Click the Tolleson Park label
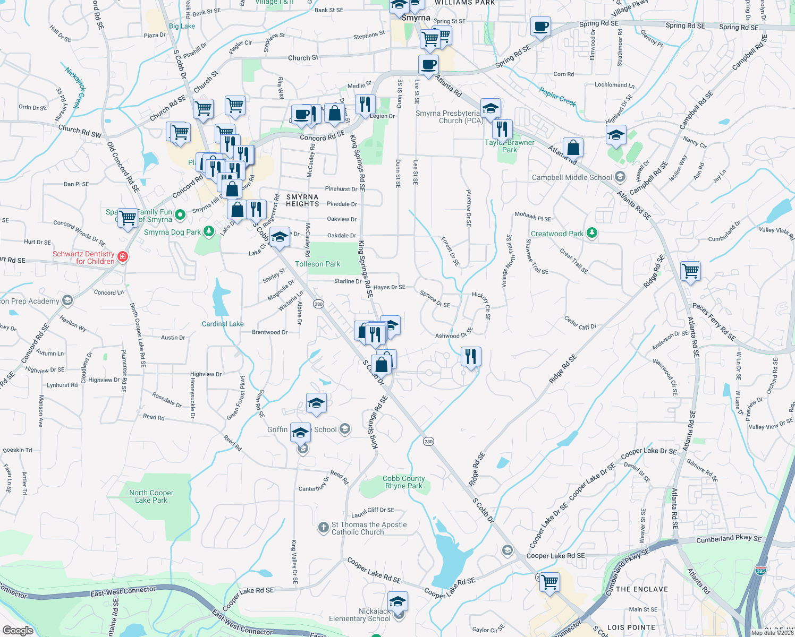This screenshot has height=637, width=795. tap(317, 264)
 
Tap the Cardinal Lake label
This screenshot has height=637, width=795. tap(223, 324)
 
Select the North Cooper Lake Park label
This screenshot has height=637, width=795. tap(151, 496)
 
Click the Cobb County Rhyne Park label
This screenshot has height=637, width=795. tap(403, 482)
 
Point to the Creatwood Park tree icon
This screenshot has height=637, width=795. tap(591, 233)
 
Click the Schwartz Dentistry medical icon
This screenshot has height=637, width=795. tap(123, 257)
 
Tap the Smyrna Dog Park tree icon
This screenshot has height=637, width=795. tap(209, 231)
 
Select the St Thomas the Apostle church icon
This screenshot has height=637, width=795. tap(323, 528)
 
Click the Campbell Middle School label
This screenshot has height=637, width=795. tap(572, 177)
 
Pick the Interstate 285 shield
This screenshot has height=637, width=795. tap(760, 571)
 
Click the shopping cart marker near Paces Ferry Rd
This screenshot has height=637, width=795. tap(690, 271)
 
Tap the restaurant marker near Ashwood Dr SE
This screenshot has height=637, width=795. tap(470, 356)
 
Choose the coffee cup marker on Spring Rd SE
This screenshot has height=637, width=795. tap(540, 27)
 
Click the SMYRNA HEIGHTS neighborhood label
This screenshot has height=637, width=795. tap(302, 200)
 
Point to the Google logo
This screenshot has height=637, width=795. tap(18, 630)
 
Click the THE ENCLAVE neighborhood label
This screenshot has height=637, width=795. tap(641, 589)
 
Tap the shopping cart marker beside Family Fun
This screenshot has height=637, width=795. tap(128, 218)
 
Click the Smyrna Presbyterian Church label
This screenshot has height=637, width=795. tap(449, 117)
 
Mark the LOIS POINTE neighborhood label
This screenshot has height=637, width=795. tap(631, 627)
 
